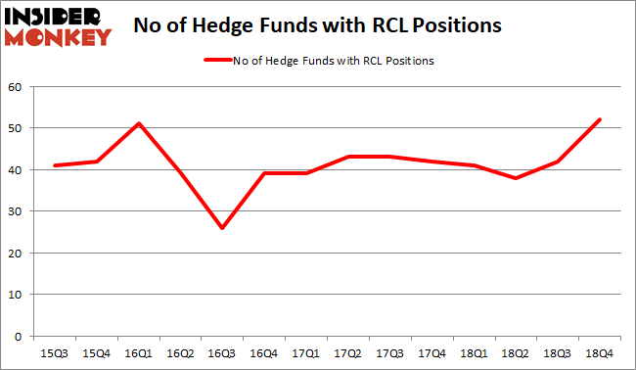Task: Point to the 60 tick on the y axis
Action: click(x=18, y=86)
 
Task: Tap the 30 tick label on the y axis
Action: click(x=18, y=211)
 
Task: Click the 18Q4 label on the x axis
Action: click(x=599, y=351)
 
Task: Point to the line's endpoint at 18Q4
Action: click(x=599, y=119)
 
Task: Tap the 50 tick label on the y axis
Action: click(x=18, y=128)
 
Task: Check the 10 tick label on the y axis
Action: click(x=18, y=295)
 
